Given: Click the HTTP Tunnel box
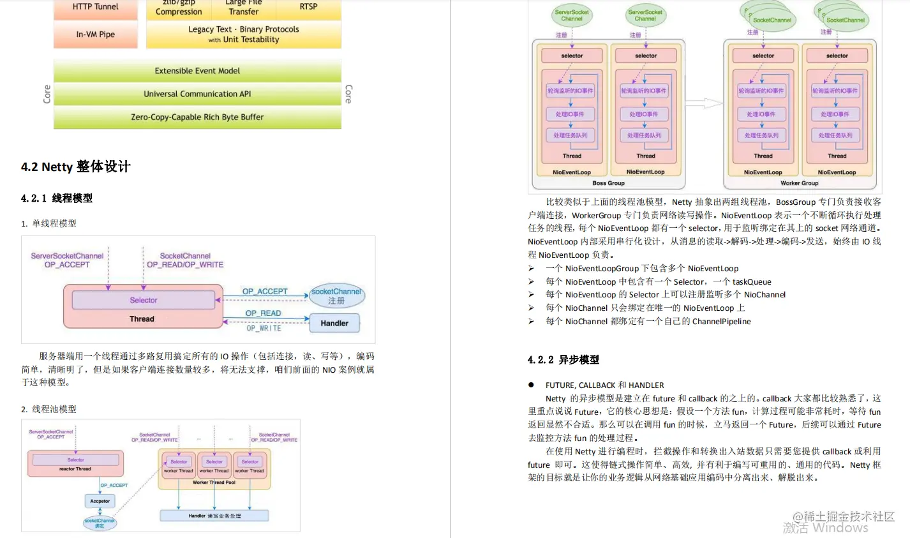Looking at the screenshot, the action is pyautogui.click(x=95, y=8).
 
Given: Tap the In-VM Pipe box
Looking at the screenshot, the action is pyautogui.click(x=95, y=34).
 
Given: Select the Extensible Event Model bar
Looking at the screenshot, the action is pyautogui.click(x=197, y=71).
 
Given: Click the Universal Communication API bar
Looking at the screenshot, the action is pyautogui.click(x=197, y=94).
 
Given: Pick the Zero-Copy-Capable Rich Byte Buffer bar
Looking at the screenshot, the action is pyautogui.click(x=197, y=117).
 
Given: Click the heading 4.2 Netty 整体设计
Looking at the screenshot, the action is pyautogui.click(x=76, y=167).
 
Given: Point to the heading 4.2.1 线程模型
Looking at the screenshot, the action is pyautogui.click(x=57, y=198).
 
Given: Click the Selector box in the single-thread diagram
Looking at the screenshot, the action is pyautogui.click(x=144, y=300).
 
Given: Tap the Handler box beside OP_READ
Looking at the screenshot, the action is pyautogui.click(x=334, y=323).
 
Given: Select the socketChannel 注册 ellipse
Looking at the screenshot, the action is pyautogui.click(x=336, y=295).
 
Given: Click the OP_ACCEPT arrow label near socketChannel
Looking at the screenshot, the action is pyautogui.click(x=265, y=292).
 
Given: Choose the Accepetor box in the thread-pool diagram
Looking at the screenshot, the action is pyautogui.click(x=100, y=501).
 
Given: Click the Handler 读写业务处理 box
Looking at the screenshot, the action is pyautogui.click(x=214, y=516).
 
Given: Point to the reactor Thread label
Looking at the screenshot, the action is pyautogui.click(x=75, y=469).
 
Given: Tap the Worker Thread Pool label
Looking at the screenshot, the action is pyautogui.click(x=214, y=482).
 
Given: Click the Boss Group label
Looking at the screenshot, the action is pyautogui.click(x=608, y=183).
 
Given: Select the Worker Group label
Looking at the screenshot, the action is pyautogui.click(x=799, y=183).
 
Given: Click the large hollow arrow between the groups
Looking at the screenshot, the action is pyautogui.click(x=703, y=103).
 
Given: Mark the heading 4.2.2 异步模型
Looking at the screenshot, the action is pyautogui.click(x=563, y=360).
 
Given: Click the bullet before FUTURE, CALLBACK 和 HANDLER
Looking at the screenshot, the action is pyautogui.click(x=531, y=385).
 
